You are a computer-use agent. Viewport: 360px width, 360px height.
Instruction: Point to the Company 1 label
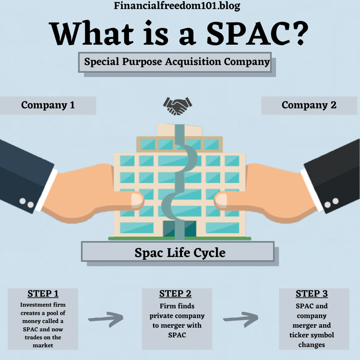(48, 105)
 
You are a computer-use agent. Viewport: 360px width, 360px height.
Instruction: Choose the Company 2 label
(309, 105)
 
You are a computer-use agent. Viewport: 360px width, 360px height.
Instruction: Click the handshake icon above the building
(178, 106)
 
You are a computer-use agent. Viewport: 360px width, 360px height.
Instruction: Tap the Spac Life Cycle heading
(180, 252)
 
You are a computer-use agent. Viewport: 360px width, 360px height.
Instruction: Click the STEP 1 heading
(43, 294)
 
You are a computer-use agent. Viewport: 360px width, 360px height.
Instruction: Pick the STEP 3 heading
(312, 294)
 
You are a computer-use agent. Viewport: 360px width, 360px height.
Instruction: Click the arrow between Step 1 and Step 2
(106, 319)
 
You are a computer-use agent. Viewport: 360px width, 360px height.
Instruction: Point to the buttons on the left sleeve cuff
(26, 203)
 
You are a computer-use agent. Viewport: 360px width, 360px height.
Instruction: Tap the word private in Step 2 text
(161, 316)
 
